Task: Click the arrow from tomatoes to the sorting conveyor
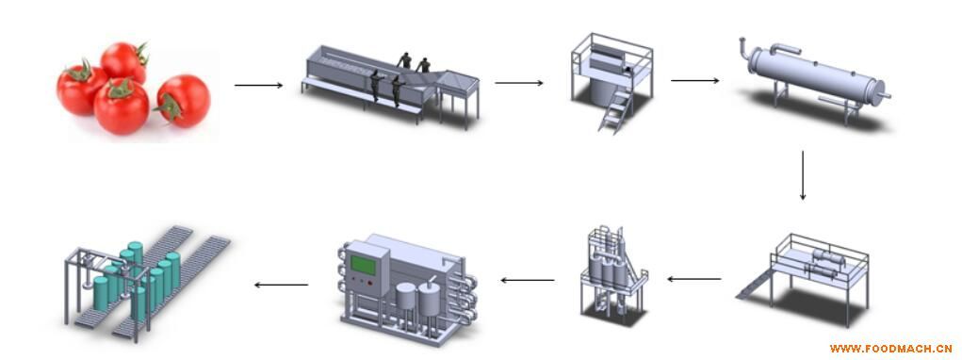pos(258,85)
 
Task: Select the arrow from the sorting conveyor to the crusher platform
pos(519,83)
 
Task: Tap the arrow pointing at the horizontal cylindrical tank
pos(694,80)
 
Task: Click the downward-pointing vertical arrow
pos(803,174)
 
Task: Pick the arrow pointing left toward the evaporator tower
pos(694,279)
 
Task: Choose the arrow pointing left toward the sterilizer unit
pos(528,280)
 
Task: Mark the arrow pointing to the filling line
pos(281,285)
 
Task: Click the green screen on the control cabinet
pos(363,266)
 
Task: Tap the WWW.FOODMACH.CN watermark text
pos(890,349)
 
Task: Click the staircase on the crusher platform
pos(615,110)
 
